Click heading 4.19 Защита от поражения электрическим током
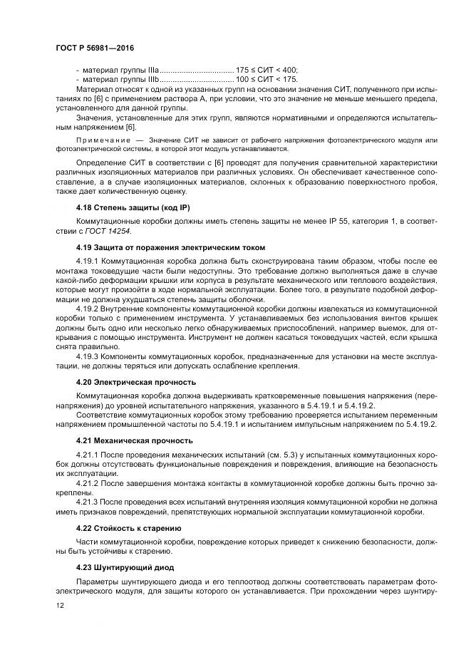pos(170,247)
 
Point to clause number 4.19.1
pos(87,262)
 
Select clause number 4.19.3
pos(87,354)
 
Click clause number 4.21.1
pos(87,455)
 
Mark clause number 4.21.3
pos(87,502)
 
